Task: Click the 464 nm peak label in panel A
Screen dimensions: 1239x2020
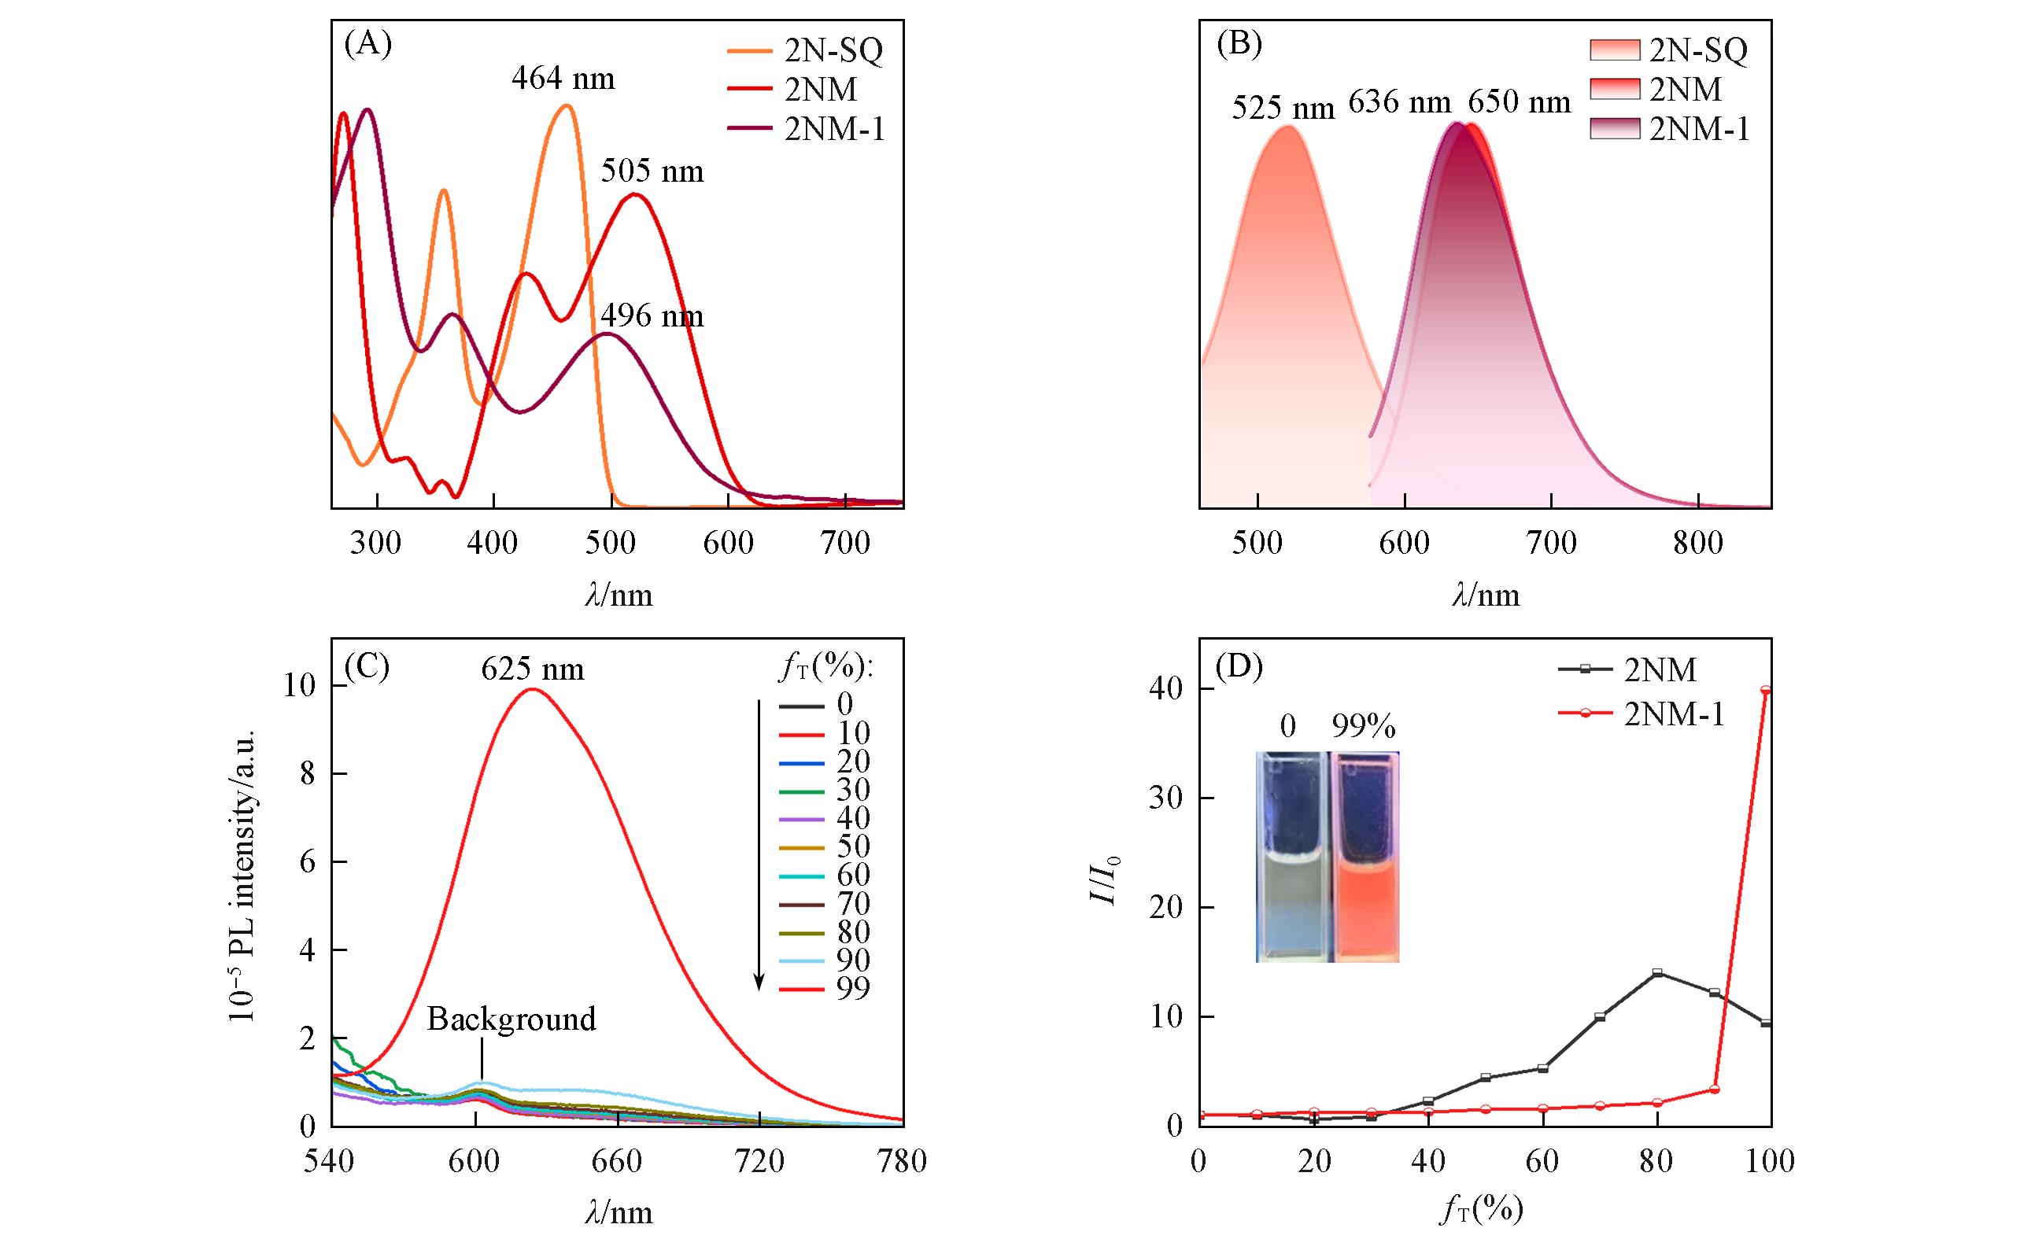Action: (x=563, y=79)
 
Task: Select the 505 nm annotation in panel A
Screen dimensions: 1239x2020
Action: (x=652, y=172)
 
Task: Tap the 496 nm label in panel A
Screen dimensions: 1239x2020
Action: (x=652, y=316)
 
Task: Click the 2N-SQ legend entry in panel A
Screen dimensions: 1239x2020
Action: (x=833, y=52)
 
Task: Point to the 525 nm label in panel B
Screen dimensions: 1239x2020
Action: (x=1283, y=107)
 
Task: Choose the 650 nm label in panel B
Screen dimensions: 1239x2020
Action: (x=1518, y=102)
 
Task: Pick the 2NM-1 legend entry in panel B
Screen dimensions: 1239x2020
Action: (x=1699, y=130)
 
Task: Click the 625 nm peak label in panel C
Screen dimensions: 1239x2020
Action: (x=532, y=669)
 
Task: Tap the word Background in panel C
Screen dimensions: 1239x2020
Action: (x=511, y=1020)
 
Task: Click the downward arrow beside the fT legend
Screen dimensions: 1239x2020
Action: (x=759, y=844)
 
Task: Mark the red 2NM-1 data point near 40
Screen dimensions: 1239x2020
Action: (x=1766, y=690)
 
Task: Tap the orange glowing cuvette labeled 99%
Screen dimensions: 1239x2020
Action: (x=1365, y=857)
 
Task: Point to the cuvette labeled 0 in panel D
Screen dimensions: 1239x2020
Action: (x=1291, y=857)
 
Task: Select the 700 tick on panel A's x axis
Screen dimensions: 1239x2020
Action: (x=844, y=544)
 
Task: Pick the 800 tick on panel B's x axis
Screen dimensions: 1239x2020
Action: (x=1698, y=544)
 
